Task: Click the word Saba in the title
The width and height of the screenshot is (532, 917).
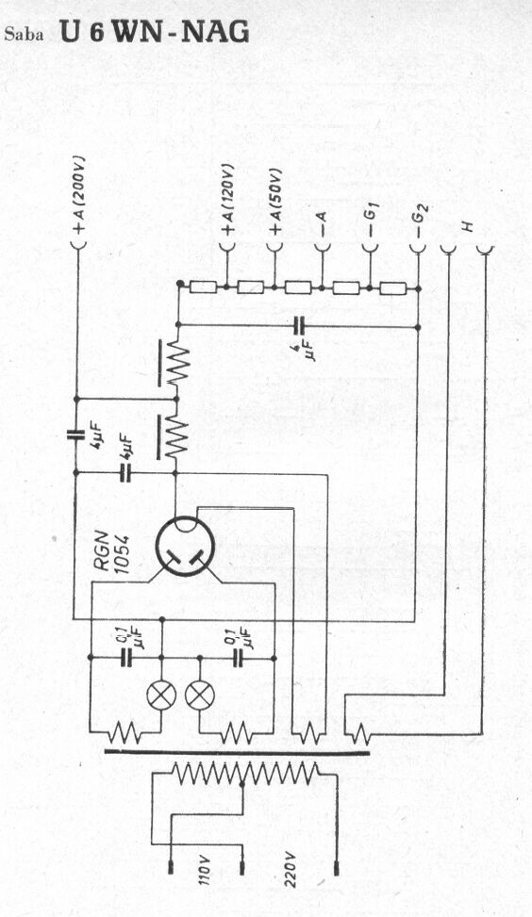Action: point(24,35)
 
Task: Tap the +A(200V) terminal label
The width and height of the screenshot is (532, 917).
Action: point(79,195)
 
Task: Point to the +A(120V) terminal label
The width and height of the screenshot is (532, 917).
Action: point(227,203)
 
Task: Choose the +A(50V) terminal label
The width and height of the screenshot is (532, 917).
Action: point(274,203)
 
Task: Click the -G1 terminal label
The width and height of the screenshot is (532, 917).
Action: point(372,222)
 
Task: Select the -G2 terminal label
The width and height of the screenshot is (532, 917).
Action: point(420,221)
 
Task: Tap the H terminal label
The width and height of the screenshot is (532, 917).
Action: point(467,226)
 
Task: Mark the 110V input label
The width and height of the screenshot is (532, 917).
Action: point(205,872)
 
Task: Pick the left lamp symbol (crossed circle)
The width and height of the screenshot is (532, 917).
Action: point(161,695)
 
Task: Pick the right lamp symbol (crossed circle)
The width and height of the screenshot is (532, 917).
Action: point(200,695)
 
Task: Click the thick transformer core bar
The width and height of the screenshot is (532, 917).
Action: point(237,752)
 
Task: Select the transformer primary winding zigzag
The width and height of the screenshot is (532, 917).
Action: point(245,773)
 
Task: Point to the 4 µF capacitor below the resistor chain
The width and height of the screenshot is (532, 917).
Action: point(301,327)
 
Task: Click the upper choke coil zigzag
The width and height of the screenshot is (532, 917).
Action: point(176,364)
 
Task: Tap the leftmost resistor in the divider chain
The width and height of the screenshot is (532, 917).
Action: point(204,287)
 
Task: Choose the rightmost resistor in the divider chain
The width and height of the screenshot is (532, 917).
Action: point(393,287)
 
